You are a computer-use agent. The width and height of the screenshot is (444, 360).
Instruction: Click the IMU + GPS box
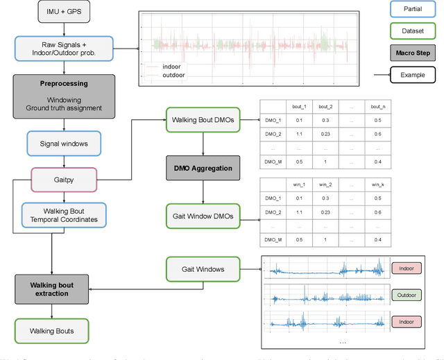(64, 13)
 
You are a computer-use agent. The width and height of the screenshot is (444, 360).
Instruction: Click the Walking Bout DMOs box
(202, 120)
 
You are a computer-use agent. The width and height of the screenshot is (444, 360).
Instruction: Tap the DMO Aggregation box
(202, 168)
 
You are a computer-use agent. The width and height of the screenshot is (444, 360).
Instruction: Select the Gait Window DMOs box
(202, 216)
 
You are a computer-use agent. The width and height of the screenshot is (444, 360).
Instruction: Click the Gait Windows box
(202, 268)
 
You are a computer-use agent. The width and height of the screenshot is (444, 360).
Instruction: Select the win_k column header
(377, 185)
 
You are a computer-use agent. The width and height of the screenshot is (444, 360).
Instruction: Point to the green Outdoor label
(407, 294)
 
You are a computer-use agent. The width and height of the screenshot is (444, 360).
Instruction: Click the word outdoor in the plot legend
(173, 75)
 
